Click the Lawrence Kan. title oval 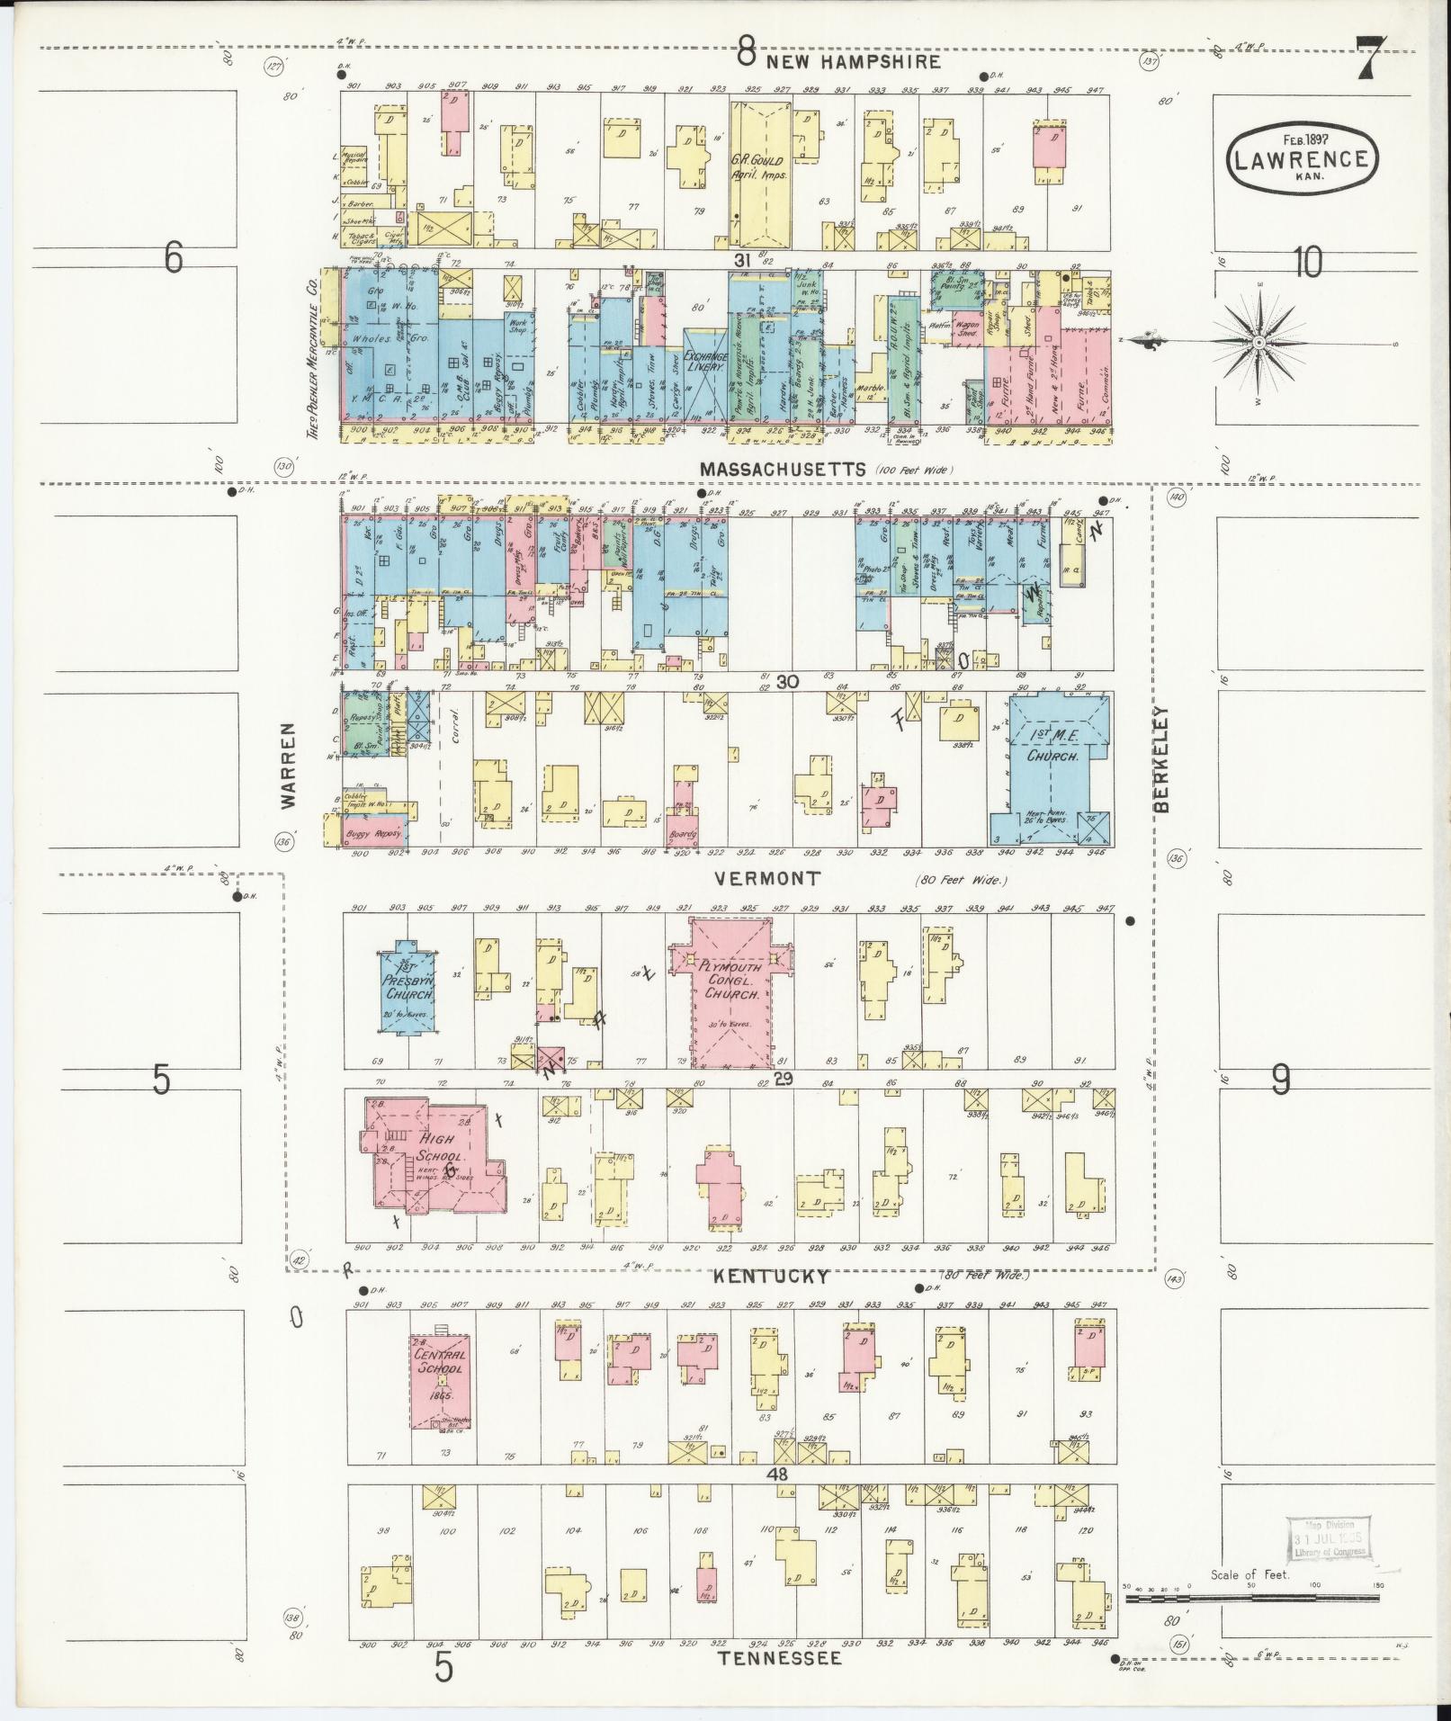pos(1302,157)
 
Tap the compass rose pos(1258,343)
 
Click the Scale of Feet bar pos(1251,1597)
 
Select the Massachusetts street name pos(783,469)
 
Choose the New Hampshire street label pos(854,61)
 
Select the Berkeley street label pos(1162,760)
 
